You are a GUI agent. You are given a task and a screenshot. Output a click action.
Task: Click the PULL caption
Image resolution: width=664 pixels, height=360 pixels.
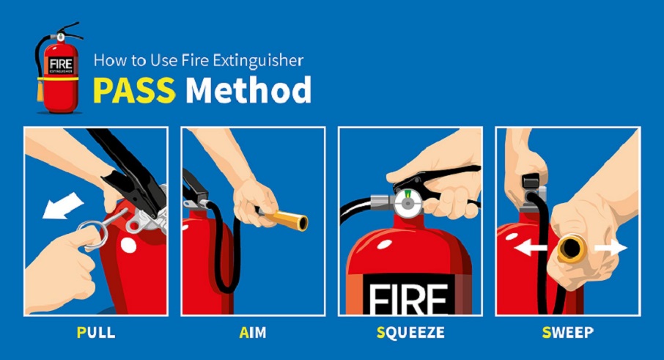point(96,332)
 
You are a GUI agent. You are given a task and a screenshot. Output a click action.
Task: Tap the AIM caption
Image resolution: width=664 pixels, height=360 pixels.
point(253,332)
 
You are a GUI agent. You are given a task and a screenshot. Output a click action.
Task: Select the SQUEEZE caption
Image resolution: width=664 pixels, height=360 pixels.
point(410,332)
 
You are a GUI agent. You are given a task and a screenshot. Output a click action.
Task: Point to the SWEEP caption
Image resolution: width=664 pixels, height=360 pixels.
point(568,332)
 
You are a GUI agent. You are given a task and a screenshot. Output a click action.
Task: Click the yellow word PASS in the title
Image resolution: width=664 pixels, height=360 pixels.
point(134,89)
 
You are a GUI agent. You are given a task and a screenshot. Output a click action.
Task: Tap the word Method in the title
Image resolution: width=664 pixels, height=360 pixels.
point(248,89)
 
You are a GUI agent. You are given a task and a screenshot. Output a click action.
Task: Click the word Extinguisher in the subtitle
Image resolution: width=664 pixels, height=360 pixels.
point(258,61)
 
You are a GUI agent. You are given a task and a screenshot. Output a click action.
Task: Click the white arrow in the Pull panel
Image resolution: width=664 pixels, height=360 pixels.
point(63,206)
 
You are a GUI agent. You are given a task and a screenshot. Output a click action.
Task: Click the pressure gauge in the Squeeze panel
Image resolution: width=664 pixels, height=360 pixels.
point(407,203)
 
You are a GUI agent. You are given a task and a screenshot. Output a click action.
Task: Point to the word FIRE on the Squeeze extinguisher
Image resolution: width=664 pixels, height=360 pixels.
point(408,298)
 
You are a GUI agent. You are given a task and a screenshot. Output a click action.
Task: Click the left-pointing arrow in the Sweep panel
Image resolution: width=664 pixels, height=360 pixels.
point(530,247)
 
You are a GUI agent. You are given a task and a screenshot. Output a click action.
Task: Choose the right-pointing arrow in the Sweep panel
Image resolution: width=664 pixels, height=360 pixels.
point(610,247)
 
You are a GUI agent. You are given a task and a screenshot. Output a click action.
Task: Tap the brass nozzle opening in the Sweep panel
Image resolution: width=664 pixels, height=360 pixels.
point(571,249)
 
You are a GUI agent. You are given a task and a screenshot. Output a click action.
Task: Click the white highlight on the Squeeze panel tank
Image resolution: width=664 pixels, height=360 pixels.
point(385,244)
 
